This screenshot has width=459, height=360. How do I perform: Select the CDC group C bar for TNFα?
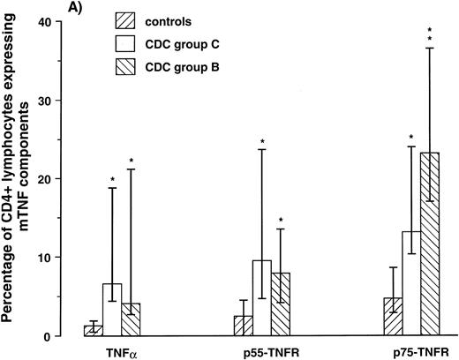112,310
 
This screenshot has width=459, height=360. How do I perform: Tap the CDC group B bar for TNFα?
131,319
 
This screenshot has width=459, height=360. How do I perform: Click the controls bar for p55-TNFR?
243,326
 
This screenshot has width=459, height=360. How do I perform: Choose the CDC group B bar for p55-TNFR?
280,304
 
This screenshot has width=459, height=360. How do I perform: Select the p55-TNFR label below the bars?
261,350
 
